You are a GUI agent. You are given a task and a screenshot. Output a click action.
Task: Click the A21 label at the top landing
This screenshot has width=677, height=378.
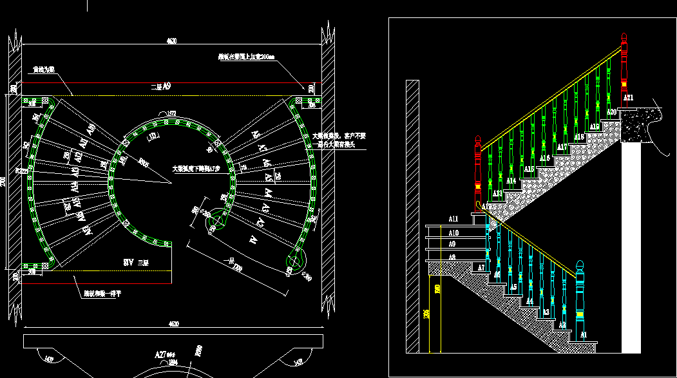click(629, 98)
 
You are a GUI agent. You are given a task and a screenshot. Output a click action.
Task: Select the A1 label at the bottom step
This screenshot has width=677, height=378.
click(584, 335)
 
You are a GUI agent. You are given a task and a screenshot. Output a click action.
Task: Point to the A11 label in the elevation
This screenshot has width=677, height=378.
click(453, 219)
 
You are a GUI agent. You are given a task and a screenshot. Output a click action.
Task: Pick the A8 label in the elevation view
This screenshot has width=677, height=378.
click(452, 257)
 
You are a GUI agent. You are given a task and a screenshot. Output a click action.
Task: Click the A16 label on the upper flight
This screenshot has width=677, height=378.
click(545, 158)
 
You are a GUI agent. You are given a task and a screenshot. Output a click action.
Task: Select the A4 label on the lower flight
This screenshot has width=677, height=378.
click(529, 301)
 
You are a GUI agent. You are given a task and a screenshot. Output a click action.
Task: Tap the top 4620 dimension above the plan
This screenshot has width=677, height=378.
click(171, 41)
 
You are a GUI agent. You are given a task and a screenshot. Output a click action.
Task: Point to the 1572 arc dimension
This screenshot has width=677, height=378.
click(172, 113)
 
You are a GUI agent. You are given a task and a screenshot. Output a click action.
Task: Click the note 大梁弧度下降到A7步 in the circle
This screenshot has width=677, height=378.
click(196, 169)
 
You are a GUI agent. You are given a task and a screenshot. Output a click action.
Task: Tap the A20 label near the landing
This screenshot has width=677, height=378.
click(612, 112)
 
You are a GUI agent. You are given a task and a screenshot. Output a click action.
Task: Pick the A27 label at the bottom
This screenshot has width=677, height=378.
click(160, 355)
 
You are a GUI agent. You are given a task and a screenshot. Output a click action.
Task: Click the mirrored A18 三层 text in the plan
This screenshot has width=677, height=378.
click(137, 263)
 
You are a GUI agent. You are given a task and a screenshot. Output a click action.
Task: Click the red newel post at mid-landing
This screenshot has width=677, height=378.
click(478, 171)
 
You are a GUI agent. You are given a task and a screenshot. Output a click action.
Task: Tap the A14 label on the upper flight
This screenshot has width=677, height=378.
click(511, 181)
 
